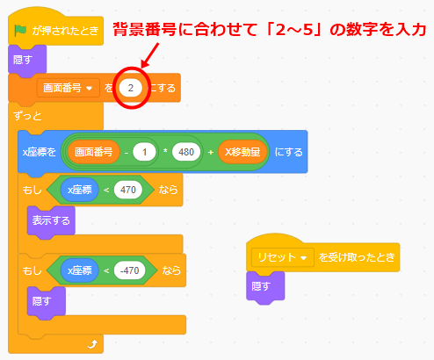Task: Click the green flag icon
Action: tap(20, 30)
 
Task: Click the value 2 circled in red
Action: tap(131, 88)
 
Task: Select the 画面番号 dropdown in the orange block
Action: tap(68, 88)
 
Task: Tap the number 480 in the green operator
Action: tap(186, 152)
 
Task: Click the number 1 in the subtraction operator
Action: tap(144, 152)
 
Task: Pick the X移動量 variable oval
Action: tap(242, 152)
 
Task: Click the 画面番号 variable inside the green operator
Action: tap(93, 152)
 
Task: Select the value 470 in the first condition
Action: tap(128, 190)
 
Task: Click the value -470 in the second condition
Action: tap(129, 270)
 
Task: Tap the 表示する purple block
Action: tap(51, 220)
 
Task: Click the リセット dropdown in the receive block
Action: tap(282, 257)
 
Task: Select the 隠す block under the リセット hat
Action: tap(265, 287)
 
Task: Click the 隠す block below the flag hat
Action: tap(27, 60)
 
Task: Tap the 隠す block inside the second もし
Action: tap(47, 301)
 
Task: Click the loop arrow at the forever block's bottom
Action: tap(92, 344)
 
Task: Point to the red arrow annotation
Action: tap(150, 55)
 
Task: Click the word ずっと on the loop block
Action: tap(27, 116)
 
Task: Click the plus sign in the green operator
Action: tap(211, 152)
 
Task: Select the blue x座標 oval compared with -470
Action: tap(80, 270)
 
